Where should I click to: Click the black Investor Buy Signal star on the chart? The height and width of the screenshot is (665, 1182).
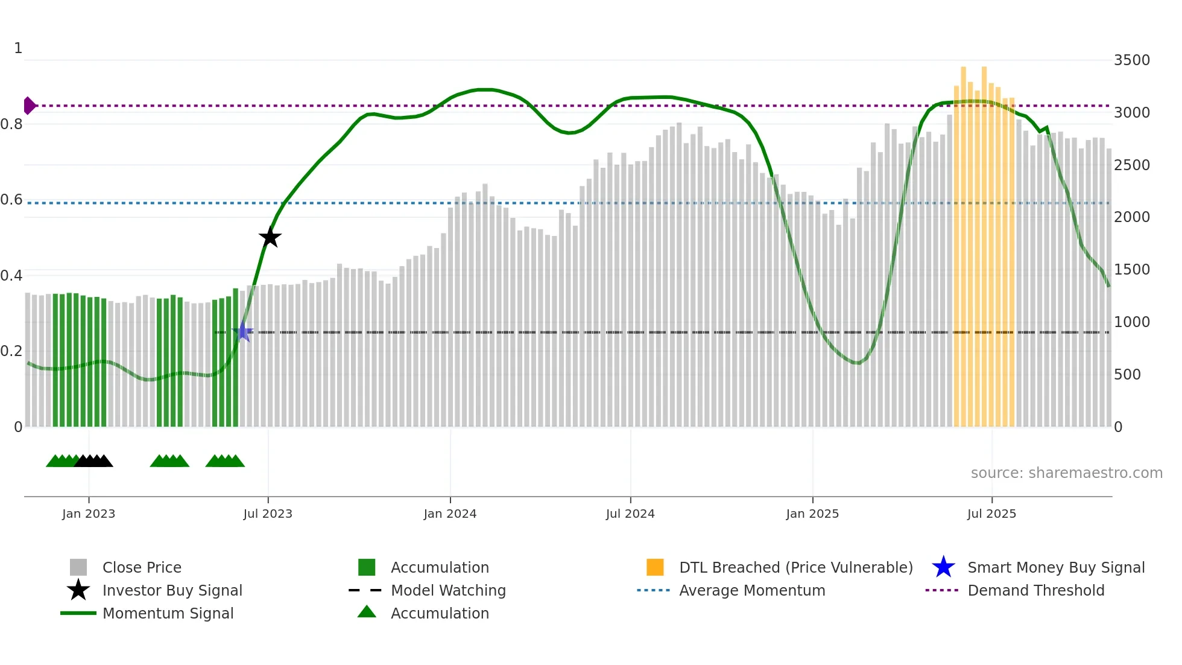point(270,237)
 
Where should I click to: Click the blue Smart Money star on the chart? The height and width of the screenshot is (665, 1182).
point(243,331)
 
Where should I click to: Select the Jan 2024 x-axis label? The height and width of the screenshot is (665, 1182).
point(450,514)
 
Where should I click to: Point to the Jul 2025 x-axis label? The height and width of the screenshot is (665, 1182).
point(991,514)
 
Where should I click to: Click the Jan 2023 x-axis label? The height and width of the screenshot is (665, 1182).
point(89,514)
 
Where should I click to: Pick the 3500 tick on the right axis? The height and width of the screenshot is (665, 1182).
point(1131,60)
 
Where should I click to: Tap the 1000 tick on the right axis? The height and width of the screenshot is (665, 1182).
point(1131,322)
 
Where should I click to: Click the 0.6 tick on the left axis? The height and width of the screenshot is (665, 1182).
point(11,200)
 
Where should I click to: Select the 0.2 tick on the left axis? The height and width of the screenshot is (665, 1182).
point(11,351)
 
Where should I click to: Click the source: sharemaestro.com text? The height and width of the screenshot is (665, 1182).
point(1066,473)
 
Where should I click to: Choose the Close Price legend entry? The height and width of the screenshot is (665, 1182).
point(142,567)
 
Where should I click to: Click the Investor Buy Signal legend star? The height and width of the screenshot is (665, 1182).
point(78,590)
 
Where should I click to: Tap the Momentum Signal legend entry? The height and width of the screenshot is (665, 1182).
point(168,613)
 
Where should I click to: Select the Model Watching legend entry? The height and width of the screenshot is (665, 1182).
point(448,590)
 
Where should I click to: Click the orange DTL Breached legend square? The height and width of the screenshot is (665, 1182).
point(655,567)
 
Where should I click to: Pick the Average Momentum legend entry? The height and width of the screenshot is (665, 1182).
point(752,590)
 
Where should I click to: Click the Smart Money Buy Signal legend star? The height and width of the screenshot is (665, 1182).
point(943,567)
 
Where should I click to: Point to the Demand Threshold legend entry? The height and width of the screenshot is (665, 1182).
point(1035,590)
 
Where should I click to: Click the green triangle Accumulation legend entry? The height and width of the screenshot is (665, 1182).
point(367,612)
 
